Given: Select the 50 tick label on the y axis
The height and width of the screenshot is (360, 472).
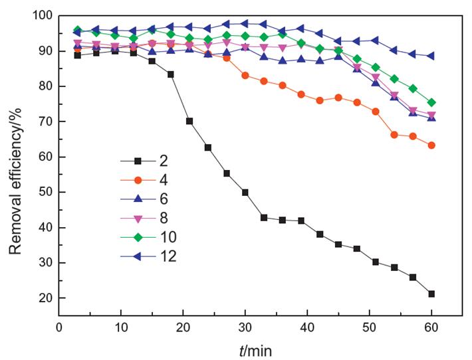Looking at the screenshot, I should click(45, 193).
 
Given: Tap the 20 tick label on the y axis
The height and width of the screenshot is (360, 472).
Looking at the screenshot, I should click(45, 298).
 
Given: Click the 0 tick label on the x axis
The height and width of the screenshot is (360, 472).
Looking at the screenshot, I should click(59, 327).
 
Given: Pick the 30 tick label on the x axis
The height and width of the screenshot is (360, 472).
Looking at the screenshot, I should click(245, 327).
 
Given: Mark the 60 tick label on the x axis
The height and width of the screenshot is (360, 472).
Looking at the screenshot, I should click(431, 327).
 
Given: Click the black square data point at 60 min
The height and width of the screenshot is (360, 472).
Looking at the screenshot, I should click(431, 294).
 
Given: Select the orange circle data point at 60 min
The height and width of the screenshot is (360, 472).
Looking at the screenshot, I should click(431, 145).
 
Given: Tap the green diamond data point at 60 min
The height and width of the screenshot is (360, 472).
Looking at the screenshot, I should click(431, 102).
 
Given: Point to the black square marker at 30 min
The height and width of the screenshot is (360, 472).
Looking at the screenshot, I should click(245, 193).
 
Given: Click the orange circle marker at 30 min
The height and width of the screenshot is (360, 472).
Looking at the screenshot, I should click(245, 76).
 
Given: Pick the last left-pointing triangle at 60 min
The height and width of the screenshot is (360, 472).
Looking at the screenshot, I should click(431, 56).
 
